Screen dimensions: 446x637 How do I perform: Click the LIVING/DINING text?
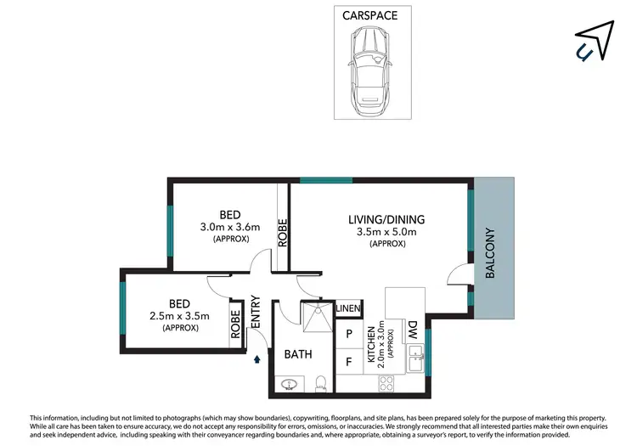pyautogui.click(x=386, y=219)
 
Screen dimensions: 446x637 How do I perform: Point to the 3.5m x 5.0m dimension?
pyautogui.click(x=386, y=232)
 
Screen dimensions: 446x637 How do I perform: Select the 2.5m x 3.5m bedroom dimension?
pyautogui.click(x=180, y=315)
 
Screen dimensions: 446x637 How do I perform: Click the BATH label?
pyautogui.click(x=299, y=354)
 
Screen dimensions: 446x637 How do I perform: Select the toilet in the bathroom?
pyautogui.click(x=320, y=384)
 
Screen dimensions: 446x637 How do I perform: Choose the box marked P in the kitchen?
pyautogui.click(x=348, y=333)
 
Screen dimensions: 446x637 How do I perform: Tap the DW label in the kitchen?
pyautogui.click(x=412, y=327)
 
